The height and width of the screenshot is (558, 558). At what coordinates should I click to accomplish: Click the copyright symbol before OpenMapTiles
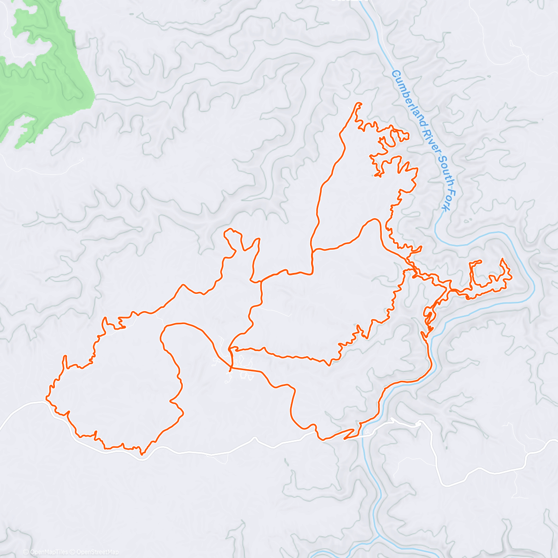click(x=26, y=552)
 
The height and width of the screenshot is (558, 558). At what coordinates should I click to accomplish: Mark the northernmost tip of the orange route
click(x=359, y=103)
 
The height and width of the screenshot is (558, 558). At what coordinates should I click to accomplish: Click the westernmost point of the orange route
click(x=46, y=398)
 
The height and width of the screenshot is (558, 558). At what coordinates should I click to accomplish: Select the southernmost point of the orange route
click(x=142, y=453)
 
